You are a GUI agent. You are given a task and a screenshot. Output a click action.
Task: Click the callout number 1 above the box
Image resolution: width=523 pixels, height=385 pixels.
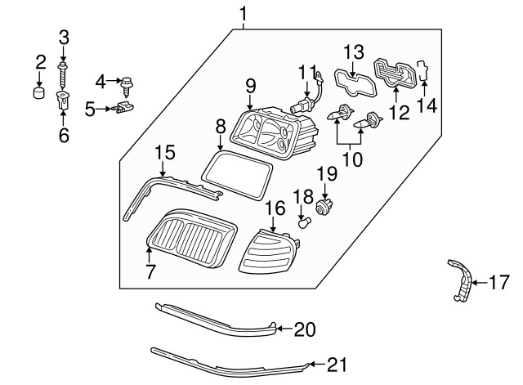(x=244, y=14)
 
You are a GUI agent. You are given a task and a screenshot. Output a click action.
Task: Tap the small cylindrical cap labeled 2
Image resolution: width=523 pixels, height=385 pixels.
(x=40, y=92)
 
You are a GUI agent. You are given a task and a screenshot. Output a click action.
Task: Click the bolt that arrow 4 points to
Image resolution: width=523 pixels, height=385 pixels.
(x=127, y=86)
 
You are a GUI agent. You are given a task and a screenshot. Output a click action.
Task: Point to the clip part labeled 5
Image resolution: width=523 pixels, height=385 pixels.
(x=123, y=108)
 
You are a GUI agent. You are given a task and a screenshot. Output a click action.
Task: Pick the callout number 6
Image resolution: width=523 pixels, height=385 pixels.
(x=64, y=135)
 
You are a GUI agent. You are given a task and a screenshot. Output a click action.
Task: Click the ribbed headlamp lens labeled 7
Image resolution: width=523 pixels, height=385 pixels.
(x=193, y=238)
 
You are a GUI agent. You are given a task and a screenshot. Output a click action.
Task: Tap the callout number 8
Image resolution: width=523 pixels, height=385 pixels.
(x=221, y=127)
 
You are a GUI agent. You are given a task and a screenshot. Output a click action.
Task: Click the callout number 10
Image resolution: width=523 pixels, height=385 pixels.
(x=352, y=159)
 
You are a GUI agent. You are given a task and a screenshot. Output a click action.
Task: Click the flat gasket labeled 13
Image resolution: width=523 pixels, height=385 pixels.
(x=355, y=83)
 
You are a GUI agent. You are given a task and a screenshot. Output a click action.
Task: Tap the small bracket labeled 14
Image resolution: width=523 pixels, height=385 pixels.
(x=423, y=70)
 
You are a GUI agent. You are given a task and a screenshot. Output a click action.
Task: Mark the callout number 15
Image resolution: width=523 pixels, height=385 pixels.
(x=165, y=153)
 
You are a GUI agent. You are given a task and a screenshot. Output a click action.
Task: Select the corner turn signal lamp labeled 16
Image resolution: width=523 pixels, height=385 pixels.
(x=269, y=251)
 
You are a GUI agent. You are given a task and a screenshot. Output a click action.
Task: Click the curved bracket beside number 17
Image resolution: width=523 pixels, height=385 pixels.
(x=461, y=280)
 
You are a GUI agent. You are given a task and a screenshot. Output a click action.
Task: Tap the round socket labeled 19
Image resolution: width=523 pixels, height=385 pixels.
(x=324, y=206)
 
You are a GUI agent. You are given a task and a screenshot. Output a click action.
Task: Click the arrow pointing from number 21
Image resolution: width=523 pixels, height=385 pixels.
(x=318, y=364)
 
